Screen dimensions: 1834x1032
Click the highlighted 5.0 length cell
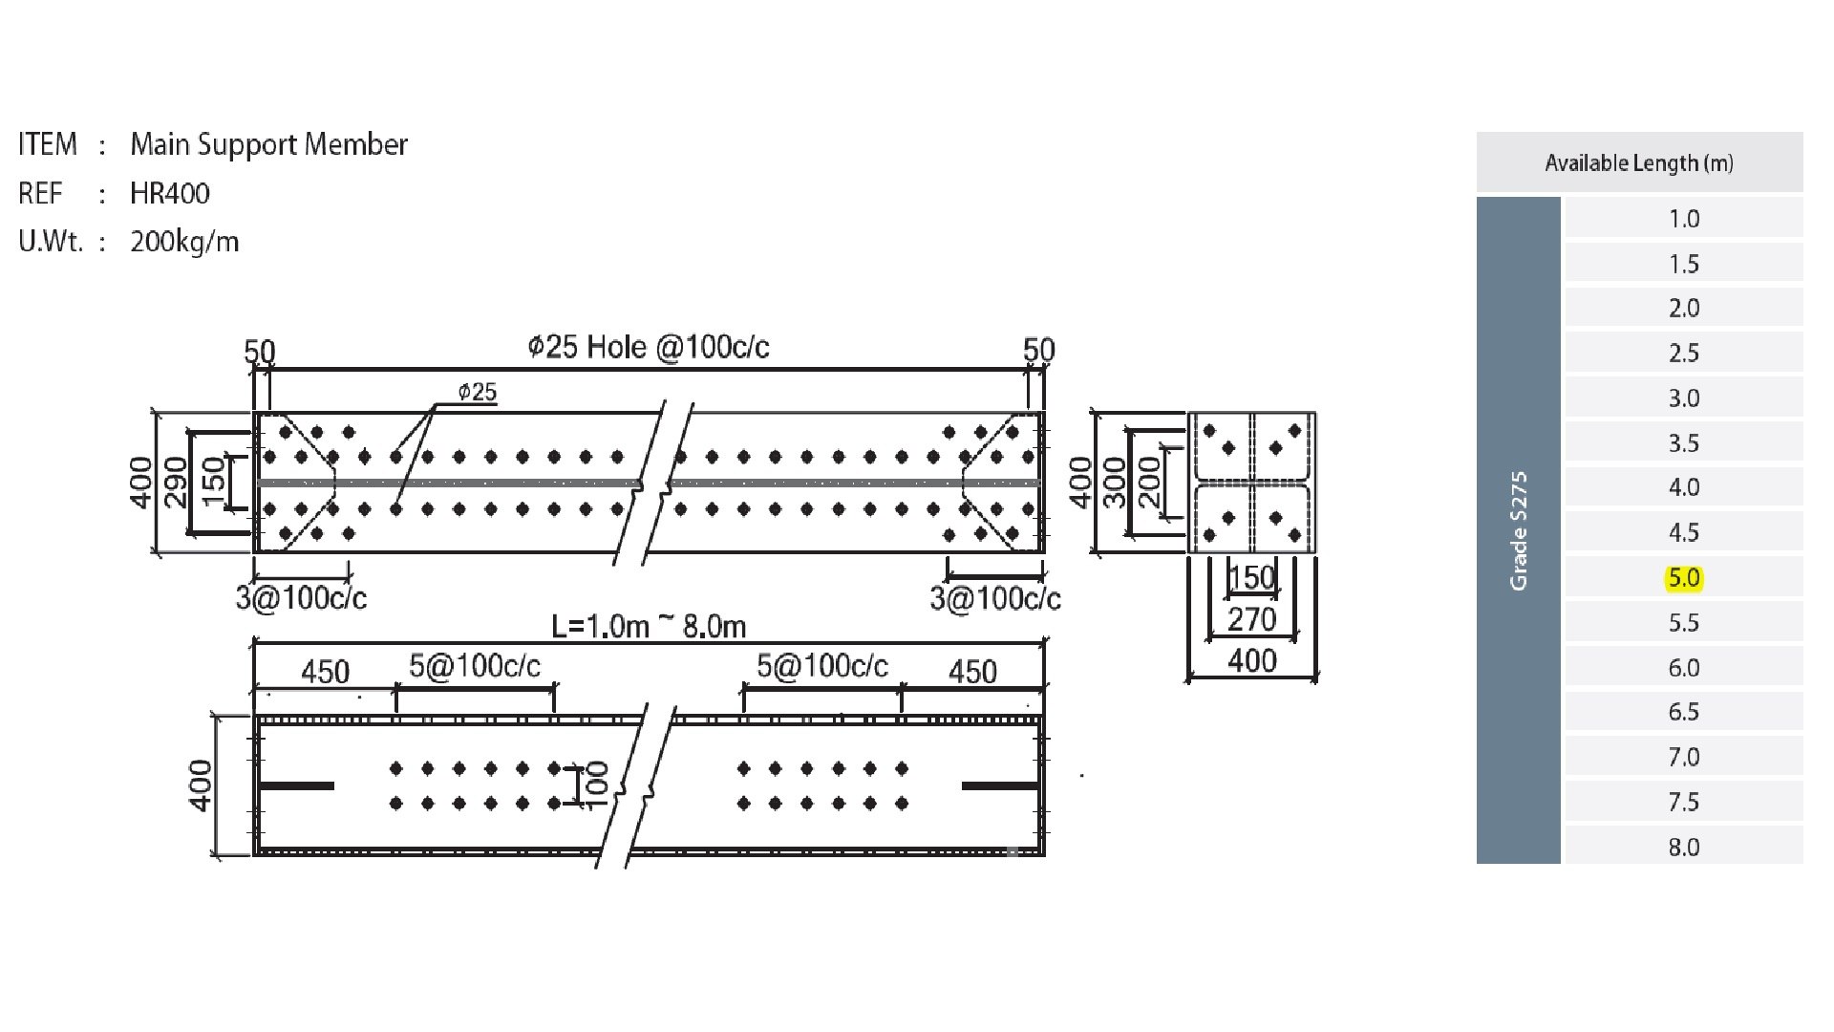pyautogui.click(x=1683, y=578)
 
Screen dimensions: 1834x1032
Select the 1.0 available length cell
pyautogui.click(x=1683, y=219)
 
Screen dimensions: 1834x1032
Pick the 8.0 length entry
pyautogui.click(x=1683, y=847)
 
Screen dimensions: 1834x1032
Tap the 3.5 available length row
pyautogui.click(x=1683, y=443)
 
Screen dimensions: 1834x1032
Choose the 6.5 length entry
pyautogui.click(x=1683, y=712)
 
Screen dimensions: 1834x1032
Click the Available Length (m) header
pyautogui.click(x=1639, y=163)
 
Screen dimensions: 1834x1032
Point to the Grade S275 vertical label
pyautogui.click(x=1519, y=531)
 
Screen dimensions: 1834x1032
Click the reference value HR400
pyautogui.click(x=170, y=194)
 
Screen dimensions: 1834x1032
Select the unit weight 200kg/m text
pyautogui.click(x=184, y=242)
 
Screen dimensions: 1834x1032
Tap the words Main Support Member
pyautogui.click(x=269, y=144)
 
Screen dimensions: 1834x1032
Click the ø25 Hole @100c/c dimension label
pyautogui.click(x=649, y=347)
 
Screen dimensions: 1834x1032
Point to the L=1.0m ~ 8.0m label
pyautogui.click(x=650, y=627)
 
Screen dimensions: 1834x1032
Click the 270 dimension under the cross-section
pyautogui.click(x=1251, y=619)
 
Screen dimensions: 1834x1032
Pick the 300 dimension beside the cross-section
pyautogui.click(x=1115, y=483)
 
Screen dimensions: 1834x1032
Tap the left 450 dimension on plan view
pyautogui.click(x=325, y=672)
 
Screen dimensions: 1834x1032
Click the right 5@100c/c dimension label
pyautogui.click(x=822, y=666)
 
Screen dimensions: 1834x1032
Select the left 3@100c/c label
pyautogui.click(x=301, y=598)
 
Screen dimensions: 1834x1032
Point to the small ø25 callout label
pyautogui.click(x=478, y=392)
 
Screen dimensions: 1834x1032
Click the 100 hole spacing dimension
pyautogui.click(x=596, y=785)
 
